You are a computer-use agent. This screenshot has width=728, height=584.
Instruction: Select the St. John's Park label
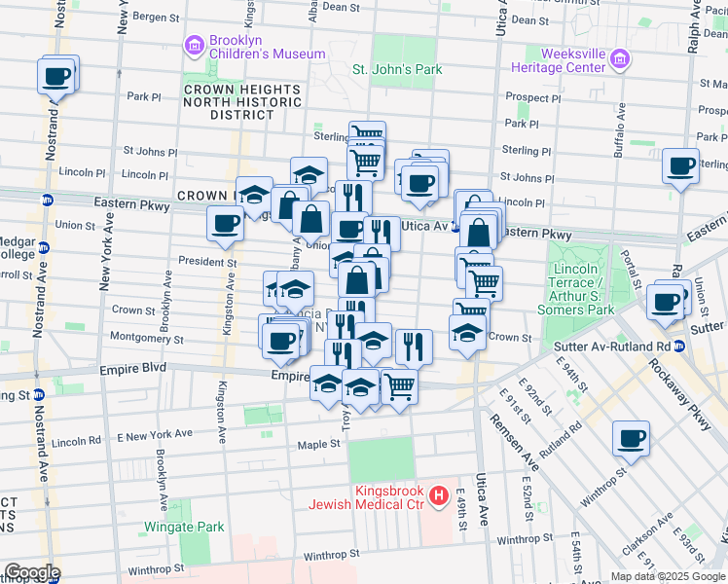pyautogui.click(x=397, y=69)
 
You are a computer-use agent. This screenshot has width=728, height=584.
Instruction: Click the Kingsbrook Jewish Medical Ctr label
pyautogui.click(x=369, y=497)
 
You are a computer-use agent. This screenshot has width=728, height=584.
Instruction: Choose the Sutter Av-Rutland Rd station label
pyautogui.click(x=611, y=346)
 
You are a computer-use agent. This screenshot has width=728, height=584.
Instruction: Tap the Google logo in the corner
pyautogui.click(x=31, y=572)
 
